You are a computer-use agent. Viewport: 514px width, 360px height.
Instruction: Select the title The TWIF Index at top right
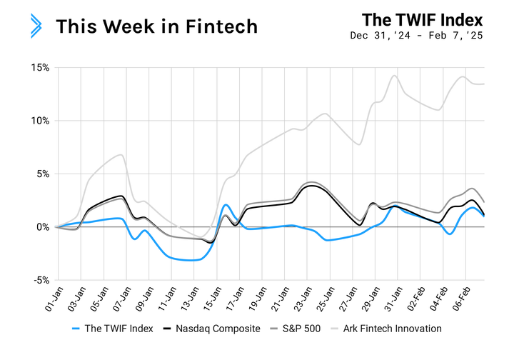coord(422,19)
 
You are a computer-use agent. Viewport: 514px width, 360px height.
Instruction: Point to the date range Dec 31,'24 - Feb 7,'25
coord(417,36)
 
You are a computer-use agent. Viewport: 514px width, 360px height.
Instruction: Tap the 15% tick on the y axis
coord(39,68)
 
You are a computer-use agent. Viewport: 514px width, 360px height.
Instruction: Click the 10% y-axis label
coord(39,121)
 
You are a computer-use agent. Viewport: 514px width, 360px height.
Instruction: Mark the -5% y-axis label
coord(40,280)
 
